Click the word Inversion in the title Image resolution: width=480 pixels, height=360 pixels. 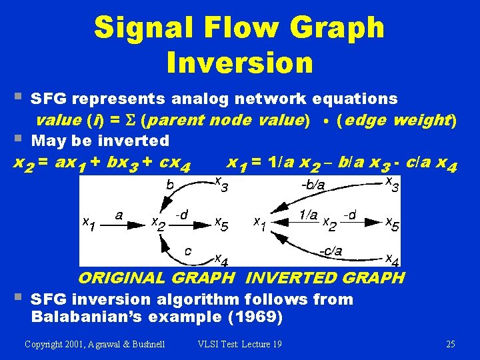240,62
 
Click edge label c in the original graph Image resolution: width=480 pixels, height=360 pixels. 188,251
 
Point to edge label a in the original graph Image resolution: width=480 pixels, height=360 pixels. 118,215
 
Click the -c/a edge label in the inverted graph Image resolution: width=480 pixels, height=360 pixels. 330,251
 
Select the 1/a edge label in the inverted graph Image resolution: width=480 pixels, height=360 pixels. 308,215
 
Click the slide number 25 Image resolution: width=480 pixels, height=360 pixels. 449,344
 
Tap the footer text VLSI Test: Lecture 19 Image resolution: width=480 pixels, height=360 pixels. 240,344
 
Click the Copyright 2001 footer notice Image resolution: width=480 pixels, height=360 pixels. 95,344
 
